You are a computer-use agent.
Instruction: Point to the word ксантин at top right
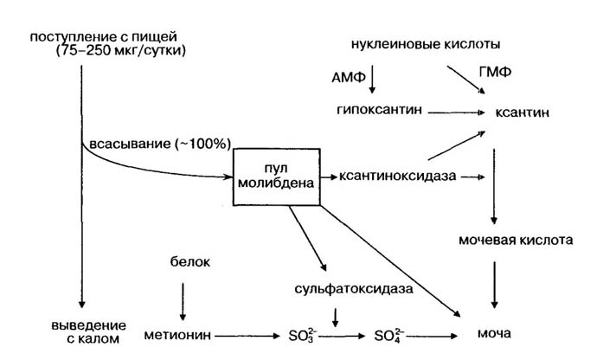tap(522, 112)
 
